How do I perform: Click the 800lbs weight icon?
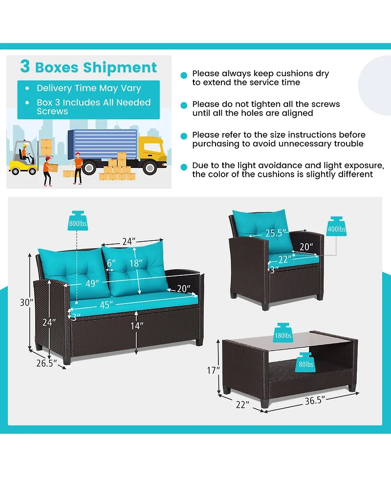tap(78, 221)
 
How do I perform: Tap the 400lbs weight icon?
tap(336, 227)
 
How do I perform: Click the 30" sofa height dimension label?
tap(26, 302)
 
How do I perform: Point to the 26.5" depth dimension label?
tap(46, 363)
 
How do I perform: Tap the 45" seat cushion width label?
tap(106, 305)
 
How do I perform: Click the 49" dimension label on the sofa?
tap(92, 284)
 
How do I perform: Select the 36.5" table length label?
tap(315, 401)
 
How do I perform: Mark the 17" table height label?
tap(213, 370)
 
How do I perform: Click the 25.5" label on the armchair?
tap(276, 233)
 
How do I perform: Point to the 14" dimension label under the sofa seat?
tap(137, 326)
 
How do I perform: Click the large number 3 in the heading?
tap(25, 66)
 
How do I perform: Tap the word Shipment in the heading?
tap(120, 67)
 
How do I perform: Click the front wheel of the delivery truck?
tap(150, 167)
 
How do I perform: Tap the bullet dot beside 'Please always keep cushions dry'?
tap(184, 76)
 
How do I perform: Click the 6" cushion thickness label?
tap(111, 263)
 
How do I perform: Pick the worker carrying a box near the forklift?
tap(49, 171)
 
